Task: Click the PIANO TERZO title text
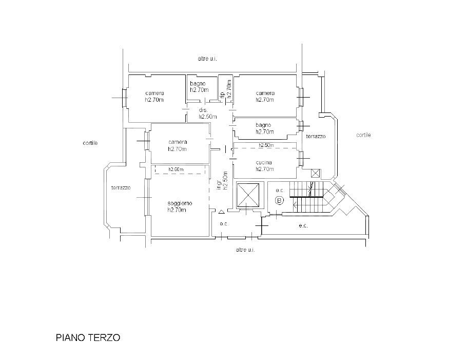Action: click(88, 338)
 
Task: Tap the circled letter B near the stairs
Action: click(279, 200)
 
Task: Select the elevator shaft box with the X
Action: click(248, 195)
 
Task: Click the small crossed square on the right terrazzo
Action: click(315, 173)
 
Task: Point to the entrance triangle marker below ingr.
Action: click(221, 212)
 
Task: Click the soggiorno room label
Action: click(180, 203)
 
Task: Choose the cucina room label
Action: click(264, 163)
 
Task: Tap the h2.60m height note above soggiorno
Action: click(176, 169)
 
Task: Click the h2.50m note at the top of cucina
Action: click(266, 145)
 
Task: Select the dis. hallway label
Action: click(203, 110)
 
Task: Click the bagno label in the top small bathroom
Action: click(198, 84)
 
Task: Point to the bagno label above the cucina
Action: click(263, 125)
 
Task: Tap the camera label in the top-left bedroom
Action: click(154, 93)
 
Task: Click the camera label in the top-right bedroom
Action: click(265, 93)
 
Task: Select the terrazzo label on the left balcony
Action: click(121, 188)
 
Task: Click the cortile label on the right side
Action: click(363, 135)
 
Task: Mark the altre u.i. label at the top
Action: click(207, 59)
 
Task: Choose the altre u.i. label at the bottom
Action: click(245, 250)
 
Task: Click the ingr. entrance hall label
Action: click(219, 184)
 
